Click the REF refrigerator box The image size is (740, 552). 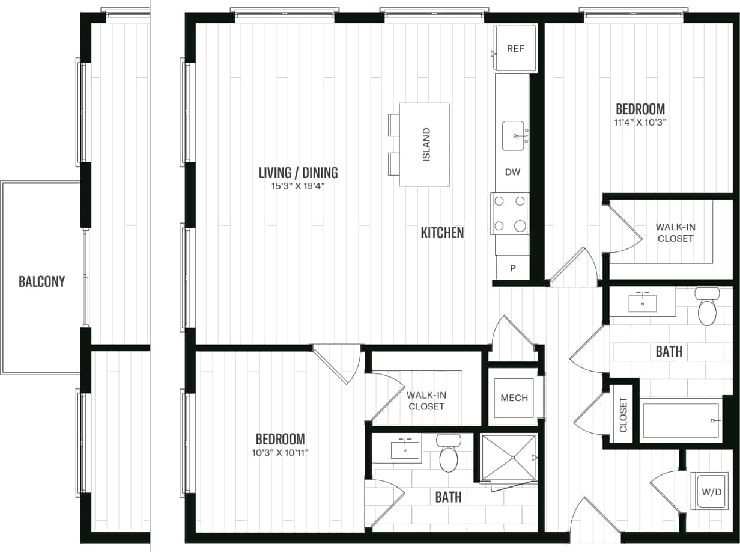pos(515,49)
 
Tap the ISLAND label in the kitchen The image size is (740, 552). pos(426,144)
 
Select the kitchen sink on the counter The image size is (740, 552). pos(514,135)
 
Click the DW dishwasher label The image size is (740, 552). pos(512,173)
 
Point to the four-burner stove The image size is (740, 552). pos(509,213)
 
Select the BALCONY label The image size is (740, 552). pos(41,281)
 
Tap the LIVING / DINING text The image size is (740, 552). pos(298,173)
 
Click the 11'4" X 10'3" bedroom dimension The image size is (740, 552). pos(640,122)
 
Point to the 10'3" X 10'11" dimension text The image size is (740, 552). pos(280,452)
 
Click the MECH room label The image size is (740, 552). pos(514,398)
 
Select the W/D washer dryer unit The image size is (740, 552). pos(711,492)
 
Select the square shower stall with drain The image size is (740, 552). pos(508,458)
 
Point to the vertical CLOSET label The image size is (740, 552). pos(623,415)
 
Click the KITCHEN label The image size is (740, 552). pos(442,233)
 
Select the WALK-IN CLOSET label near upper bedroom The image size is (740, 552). pos(675,233)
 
